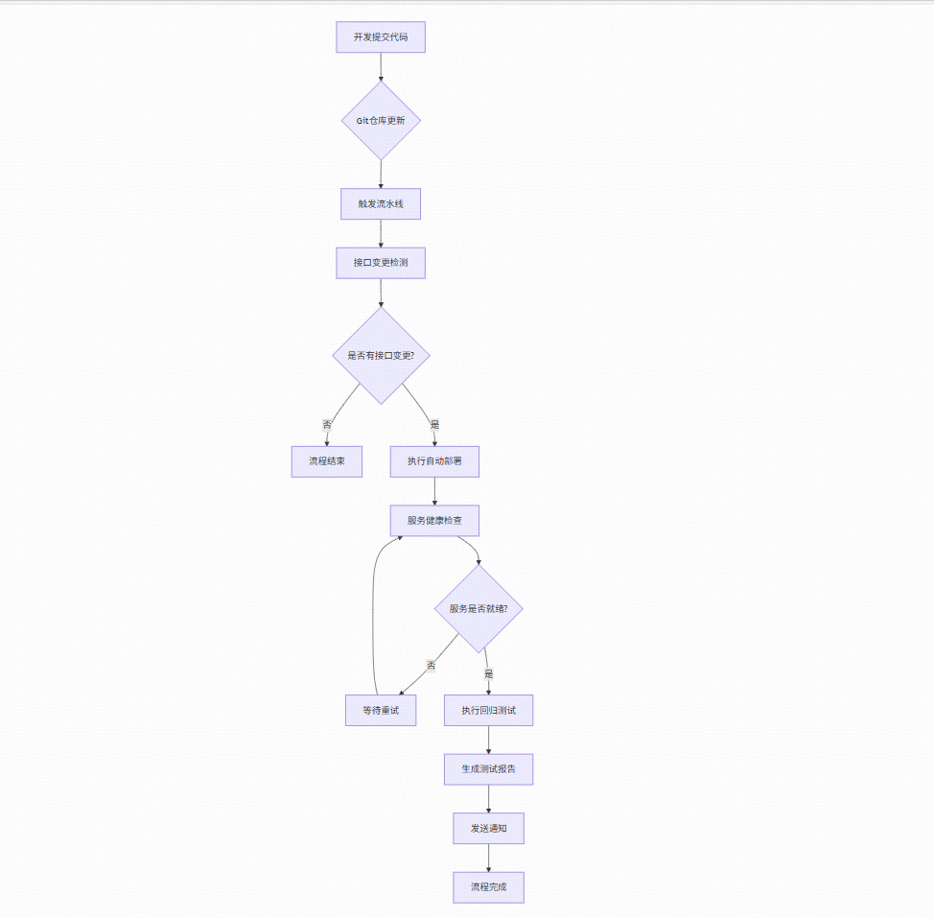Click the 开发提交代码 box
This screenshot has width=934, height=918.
(x=380, y=37)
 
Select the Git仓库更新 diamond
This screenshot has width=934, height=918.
(x=381, y=121)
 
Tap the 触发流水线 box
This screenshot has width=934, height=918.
(x=381, y=203)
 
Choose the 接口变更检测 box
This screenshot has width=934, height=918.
(x=381, y=263)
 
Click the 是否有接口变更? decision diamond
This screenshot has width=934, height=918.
(x=381, y=355)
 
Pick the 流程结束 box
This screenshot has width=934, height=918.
(x=327, y=461)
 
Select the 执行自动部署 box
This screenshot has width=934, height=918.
(x=434, y=461)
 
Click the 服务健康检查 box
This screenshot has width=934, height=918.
(x=434, y=521)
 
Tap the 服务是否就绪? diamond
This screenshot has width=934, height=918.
(x=479, y=608)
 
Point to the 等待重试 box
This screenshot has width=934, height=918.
(x=381, y=710)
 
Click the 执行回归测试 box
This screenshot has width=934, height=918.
(x=488, y=710)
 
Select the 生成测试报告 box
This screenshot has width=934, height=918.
(x=488, y=768)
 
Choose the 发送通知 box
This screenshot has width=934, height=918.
(x=488, y=828)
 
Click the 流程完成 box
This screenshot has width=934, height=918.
(x=488, y=887)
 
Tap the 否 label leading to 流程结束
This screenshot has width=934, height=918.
(x=327, y=424)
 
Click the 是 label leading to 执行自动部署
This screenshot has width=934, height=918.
(x=434, y=424)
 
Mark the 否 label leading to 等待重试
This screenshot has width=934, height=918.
(x=431, y=665)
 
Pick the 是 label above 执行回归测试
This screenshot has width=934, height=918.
(x=488, y=673)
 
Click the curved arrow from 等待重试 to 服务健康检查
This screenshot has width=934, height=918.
(x=372, y=614)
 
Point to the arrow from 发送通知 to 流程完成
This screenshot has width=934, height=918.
(x=488, y=858)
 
